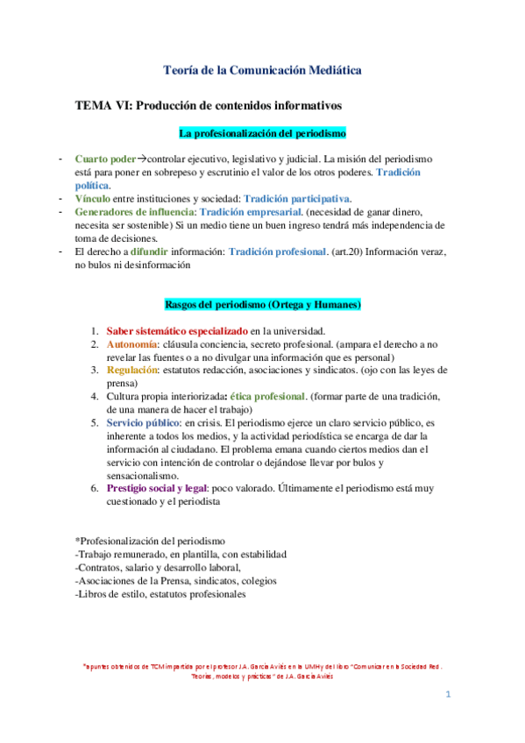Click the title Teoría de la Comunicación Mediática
click(x=262, y=69)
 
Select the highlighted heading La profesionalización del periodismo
click(x=262, y=133)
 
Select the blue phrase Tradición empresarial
click(x=251, y=212)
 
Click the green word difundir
click(x=160, y=251)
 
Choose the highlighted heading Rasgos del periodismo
click(x=262, y=304)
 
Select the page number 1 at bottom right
click(x=448, y=695)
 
